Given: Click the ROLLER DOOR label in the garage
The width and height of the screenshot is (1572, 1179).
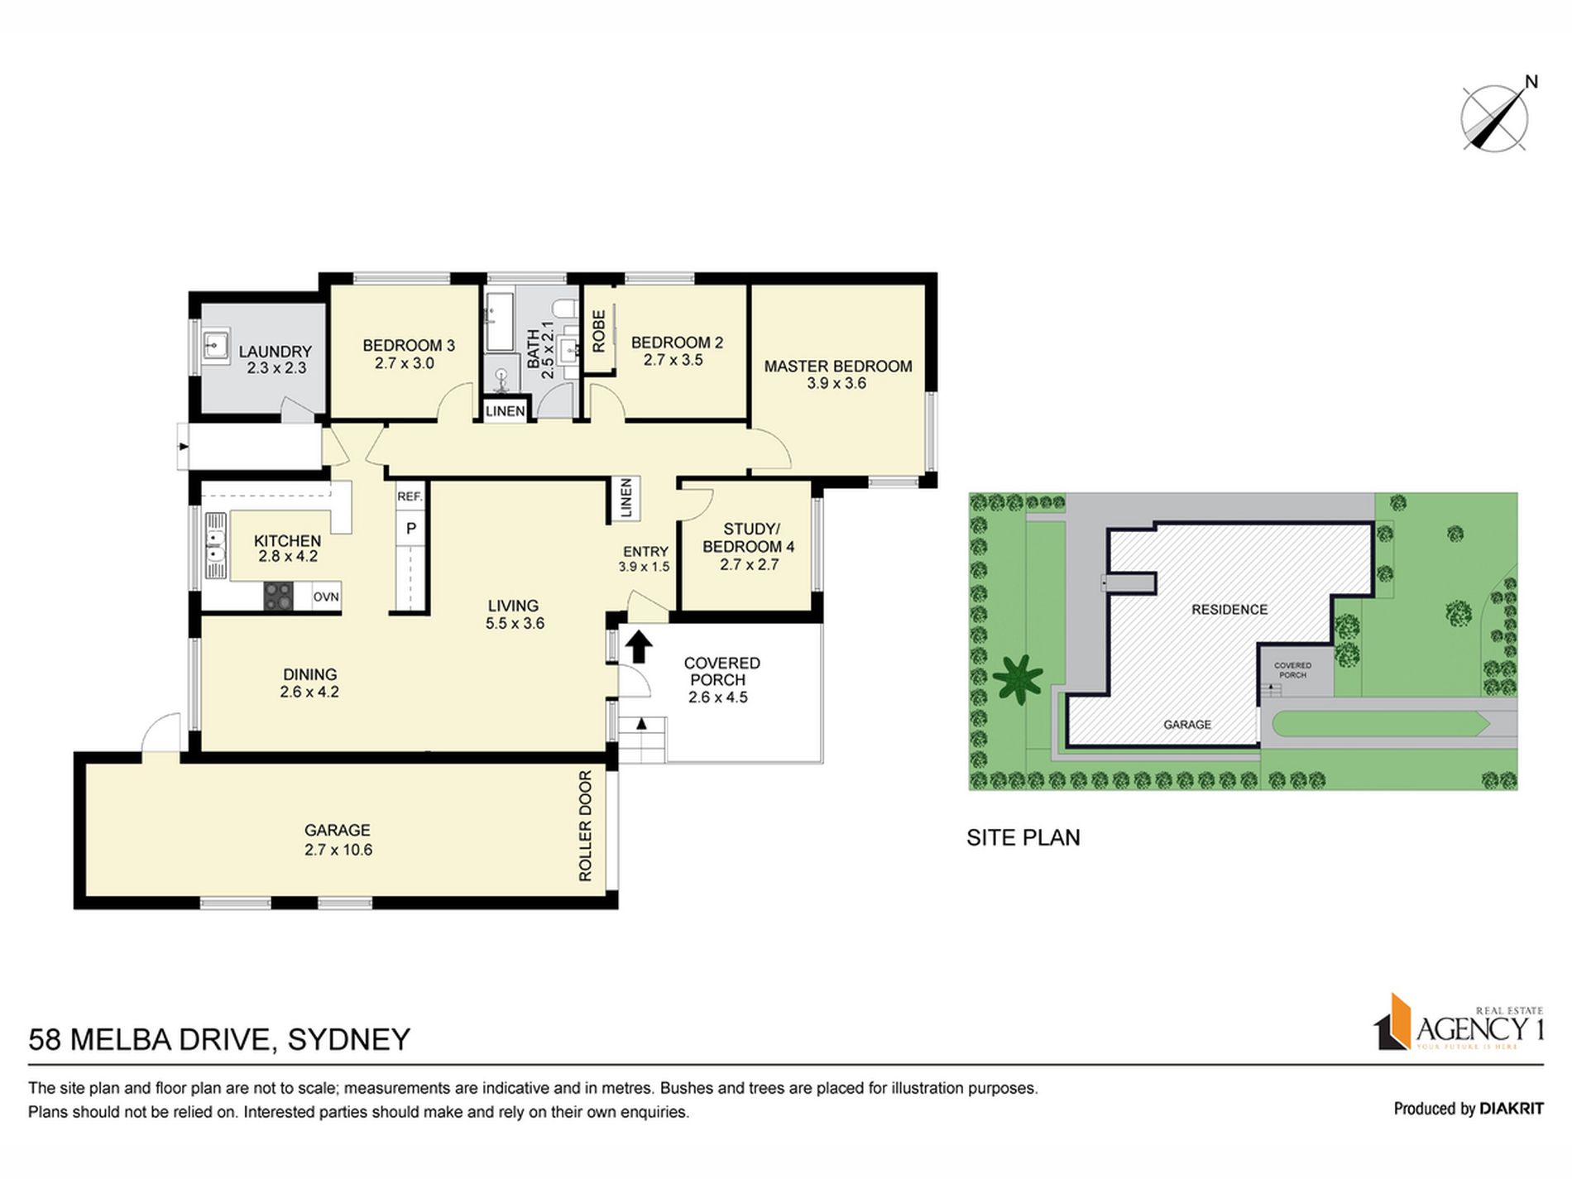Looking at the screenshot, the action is coord(586,826).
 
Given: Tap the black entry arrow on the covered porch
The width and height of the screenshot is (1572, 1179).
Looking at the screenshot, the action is coord(638,646).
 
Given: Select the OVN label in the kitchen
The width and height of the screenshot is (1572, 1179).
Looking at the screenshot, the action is coord(326,597).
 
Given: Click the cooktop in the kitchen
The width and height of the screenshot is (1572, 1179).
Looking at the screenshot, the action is coord(278,597).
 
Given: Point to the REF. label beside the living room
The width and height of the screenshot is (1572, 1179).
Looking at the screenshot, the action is coord(410,496).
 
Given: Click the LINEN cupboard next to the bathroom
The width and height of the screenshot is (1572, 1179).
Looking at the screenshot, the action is coord(505,410).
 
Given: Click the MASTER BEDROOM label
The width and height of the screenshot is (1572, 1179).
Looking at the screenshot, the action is coord(837,366).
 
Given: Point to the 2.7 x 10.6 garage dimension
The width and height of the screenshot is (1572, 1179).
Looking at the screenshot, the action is coord(338,850).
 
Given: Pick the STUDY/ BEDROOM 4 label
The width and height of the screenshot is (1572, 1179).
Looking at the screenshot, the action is coord(748,538).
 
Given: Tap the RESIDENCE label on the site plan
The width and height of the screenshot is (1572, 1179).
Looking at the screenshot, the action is coord(1229,610).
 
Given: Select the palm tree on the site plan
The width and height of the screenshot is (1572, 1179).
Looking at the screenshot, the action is coord(1017,678).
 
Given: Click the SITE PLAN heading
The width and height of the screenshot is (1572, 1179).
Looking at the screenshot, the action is coord(1023,837).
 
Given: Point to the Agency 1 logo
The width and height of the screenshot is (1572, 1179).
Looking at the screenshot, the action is coord(1459,1023).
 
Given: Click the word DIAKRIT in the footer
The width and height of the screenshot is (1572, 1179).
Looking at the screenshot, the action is coord(1512,1109).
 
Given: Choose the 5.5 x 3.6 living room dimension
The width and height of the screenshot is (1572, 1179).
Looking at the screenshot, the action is coord(514,624).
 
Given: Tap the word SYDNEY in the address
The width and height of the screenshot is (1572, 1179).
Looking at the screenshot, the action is coord(348,1039).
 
